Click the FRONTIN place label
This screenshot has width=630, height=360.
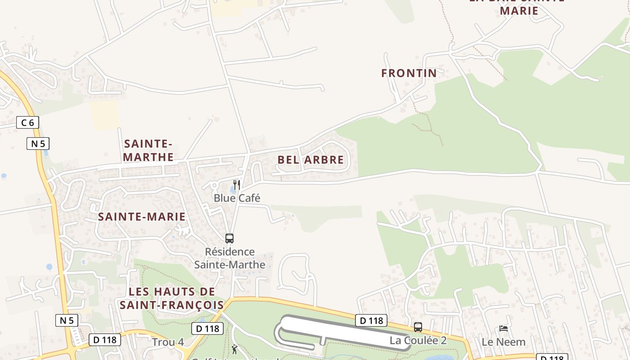[409, 73]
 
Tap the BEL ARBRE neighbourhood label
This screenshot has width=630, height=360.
[310, 160]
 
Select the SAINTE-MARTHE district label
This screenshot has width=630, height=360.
[148, 150]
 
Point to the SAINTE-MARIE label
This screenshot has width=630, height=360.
[142, 217]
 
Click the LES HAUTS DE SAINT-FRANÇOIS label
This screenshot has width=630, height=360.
[171, 298]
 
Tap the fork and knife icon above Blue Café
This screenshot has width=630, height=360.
[237, 185]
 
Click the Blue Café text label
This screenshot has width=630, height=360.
[237, 198]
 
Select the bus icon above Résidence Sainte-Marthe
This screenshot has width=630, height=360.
[229, 238]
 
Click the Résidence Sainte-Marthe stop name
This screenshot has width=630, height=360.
[229, 258]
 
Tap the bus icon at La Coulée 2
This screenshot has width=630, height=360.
[418, 327]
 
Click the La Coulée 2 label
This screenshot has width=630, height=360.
[418, 341]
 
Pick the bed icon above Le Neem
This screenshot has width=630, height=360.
[504, 328]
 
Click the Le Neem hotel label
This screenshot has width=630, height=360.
[504, 342]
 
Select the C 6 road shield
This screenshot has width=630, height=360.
[27, 122]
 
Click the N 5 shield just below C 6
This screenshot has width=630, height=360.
[38, 144]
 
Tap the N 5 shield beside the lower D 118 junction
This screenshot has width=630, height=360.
[67, 320]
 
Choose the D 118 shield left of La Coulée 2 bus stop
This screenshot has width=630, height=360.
[371, 320]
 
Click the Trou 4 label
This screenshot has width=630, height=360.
[167, 342]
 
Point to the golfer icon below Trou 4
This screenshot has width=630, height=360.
[234, 349]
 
